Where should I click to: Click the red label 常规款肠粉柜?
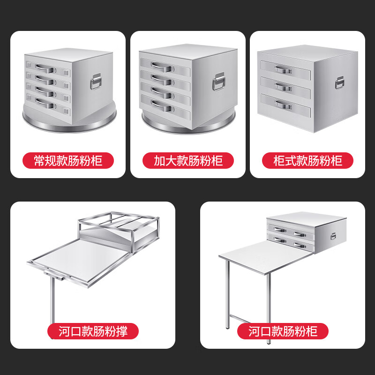68,161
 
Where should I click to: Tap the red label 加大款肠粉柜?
188,161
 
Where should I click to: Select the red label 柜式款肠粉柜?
307,161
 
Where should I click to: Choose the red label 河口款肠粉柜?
283,332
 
